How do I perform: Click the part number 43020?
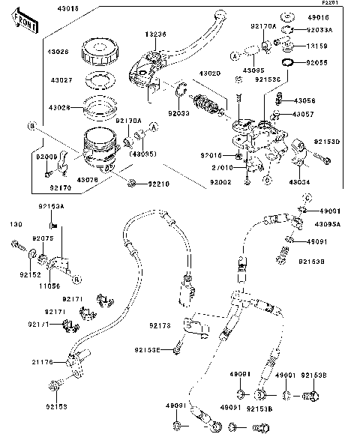[x=209, y=74]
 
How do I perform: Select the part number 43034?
[x=298, y=181]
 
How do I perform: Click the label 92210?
[x=158, y=182]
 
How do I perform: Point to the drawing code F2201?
[x=346, y=4]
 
